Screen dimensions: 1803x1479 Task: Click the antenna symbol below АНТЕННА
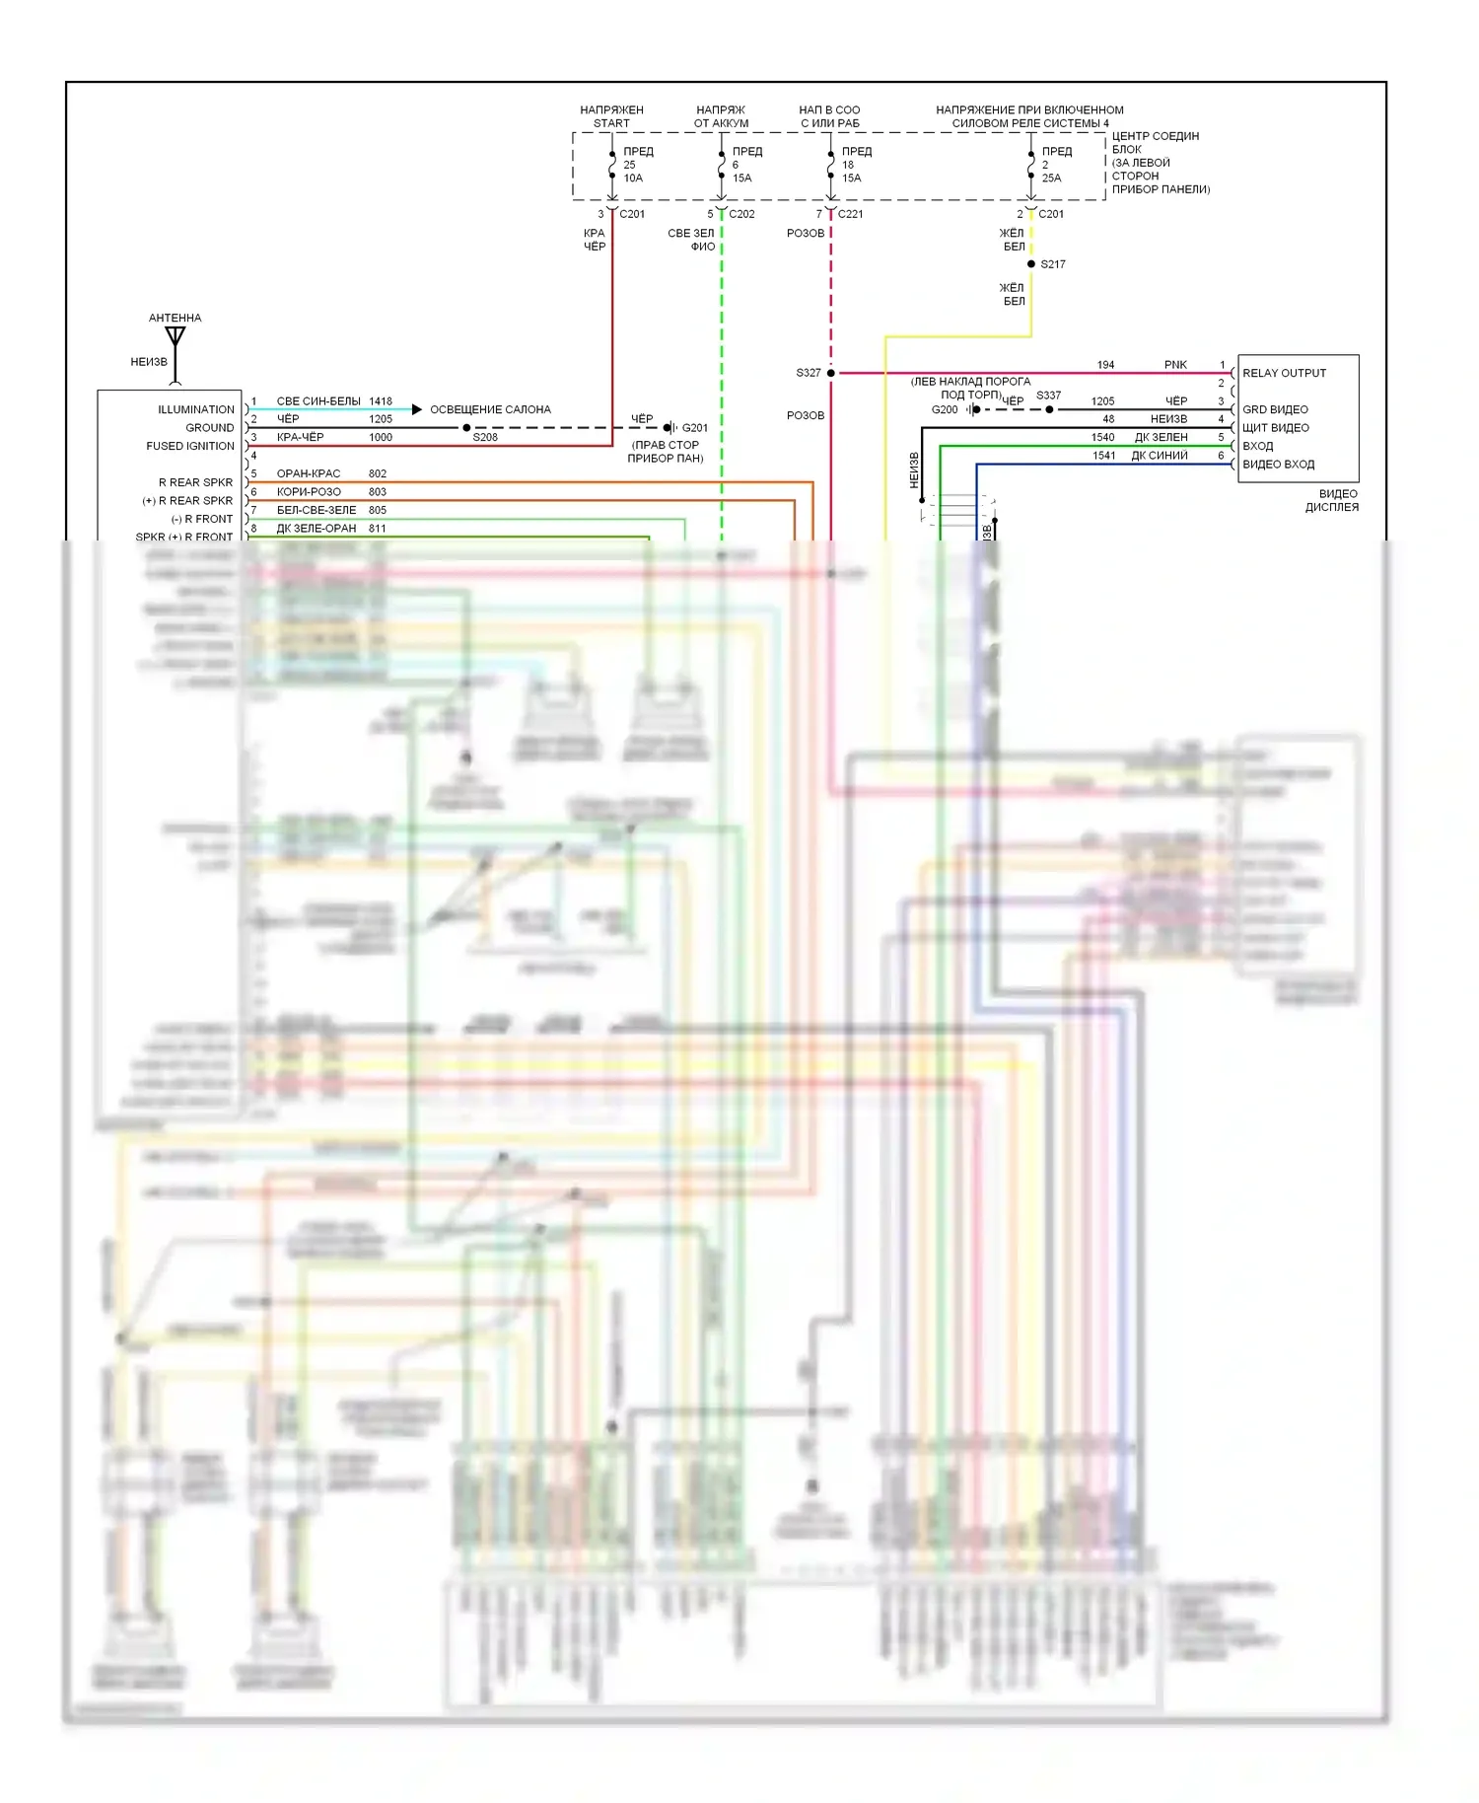point(176,337)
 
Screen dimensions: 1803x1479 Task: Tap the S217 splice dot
point(1031,264)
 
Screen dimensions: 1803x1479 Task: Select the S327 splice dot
point(831,373)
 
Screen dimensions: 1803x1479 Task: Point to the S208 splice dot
point(466,428)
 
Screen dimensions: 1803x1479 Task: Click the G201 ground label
point(694,428)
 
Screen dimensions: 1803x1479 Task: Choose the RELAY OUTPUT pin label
point(1284,373)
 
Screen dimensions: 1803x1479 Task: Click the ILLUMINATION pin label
point(196,409)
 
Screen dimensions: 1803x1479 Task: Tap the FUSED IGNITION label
point(190,446)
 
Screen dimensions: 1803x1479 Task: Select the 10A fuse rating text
point(633,179)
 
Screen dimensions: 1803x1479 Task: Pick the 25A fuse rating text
point(1051,179)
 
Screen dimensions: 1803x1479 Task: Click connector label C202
point(741,214)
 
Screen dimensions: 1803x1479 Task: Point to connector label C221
point(850,214)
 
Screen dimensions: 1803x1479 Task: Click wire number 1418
point(381,401)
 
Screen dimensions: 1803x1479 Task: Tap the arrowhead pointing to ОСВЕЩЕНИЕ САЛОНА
point(417,409)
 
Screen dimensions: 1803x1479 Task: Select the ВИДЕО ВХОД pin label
point(1278,465)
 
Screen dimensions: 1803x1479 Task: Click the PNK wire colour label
point(1175,365)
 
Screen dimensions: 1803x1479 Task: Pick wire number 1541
point(1103,456)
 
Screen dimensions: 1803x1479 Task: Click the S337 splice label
point(1048,396)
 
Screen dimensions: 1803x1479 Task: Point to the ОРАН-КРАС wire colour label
point(309,474)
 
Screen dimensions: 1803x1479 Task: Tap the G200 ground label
point(944,409)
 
